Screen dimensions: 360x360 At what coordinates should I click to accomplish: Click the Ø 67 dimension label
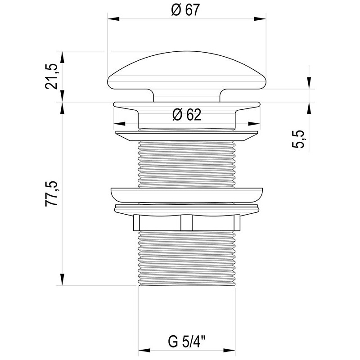[185, 10]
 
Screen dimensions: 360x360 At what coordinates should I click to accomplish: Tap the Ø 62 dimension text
[187, 115]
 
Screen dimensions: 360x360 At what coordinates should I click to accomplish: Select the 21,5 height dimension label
[51, 76]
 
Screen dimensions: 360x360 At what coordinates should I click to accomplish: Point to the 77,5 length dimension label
[51, 193]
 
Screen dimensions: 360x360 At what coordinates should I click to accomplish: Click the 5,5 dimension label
[298, 139]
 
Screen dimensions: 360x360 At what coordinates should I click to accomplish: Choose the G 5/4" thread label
[187, 342]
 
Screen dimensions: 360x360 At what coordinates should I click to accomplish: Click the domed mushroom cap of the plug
[187, 70]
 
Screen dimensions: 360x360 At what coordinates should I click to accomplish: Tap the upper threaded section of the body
[187, 164]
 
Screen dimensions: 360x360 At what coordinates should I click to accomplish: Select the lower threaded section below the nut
[187, 258]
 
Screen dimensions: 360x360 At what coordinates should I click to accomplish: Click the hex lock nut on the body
[187, 223]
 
